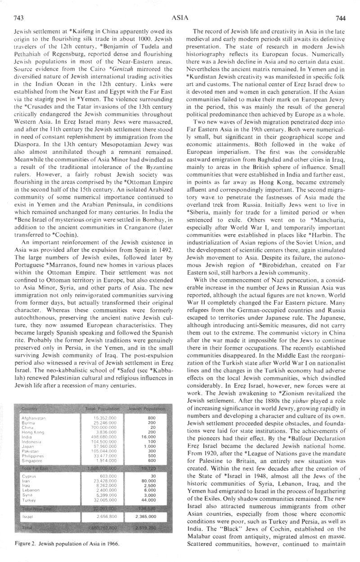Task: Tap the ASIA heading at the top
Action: click(180, 18)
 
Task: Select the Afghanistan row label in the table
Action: click(34, 418)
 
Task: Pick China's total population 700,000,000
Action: click(102, 427)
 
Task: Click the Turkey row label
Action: click(29, 500)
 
